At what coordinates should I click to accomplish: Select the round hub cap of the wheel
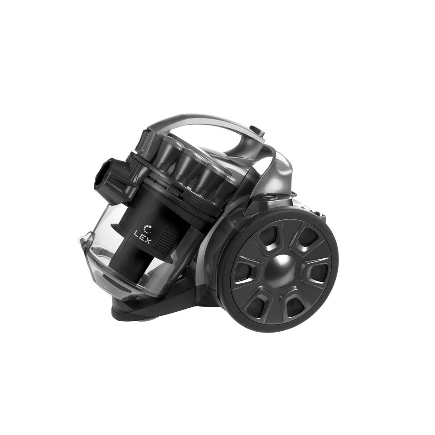pos(281,268)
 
